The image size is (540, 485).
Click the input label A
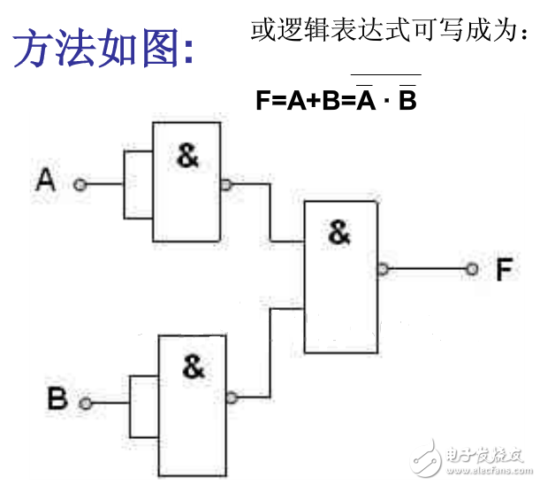click(46, 181)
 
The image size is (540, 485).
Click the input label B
click(57, 399)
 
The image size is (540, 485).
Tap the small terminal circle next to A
click(80, 184)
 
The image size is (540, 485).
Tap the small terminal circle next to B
click(86, 404)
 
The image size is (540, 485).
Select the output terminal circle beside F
click(473, 268)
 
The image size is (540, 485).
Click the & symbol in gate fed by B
click(193, 366)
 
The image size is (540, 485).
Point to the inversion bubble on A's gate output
click(226, 185)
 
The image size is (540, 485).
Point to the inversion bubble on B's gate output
click(232, 398)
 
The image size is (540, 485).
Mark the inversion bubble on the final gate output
click(382, 269)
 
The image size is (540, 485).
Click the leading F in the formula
click(262, 100)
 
